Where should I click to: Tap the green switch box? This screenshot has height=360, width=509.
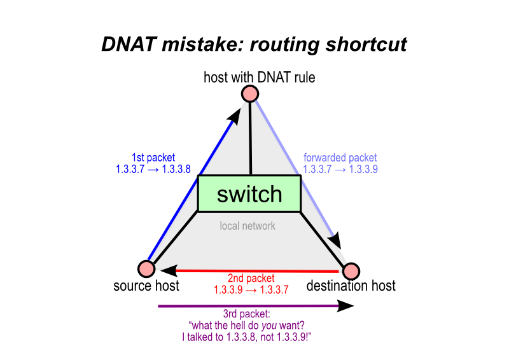(x=249, y=193)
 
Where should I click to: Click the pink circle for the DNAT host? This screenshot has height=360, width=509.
(x=249, y=94)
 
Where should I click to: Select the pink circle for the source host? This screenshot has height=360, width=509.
(x=146, y=269)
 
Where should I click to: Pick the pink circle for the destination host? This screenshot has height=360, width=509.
(x=351, y=271)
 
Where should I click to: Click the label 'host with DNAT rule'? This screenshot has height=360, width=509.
(x=259, y=78)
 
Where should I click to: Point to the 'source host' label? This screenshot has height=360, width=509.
(x=146, y=286)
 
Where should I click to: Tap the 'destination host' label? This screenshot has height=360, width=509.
(x=351, y=286)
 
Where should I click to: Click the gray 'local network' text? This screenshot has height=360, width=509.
(x=248, y=226)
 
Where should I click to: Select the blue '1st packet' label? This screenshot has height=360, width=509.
(x=153, y=157)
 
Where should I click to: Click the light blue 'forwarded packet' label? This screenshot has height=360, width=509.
(x=340, y=157)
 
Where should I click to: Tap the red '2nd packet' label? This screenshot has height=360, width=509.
(x=251, y=279)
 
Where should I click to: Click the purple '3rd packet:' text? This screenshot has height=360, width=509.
(x=247, y=314)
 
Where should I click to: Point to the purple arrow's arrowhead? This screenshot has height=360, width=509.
(x=345, y=307)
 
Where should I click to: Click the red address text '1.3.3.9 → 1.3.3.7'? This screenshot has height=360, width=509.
(x=251, y=289)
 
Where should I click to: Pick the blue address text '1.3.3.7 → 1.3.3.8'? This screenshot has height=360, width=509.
(x=153, y=169)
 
